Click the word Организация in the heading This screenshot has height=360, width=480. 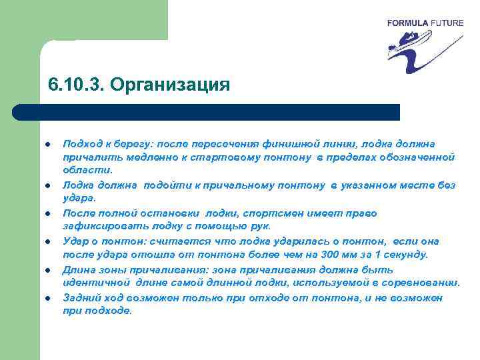pos(170,86)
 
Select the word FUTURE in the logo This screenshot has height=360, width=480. pos(445,23)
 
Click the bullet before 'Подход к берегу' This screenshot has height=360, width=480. pos(49,143)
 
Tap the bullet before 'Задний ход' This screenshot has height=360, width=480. pos(49,297)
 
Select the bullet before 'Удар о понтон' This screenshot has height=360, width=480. pos(49,241)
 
